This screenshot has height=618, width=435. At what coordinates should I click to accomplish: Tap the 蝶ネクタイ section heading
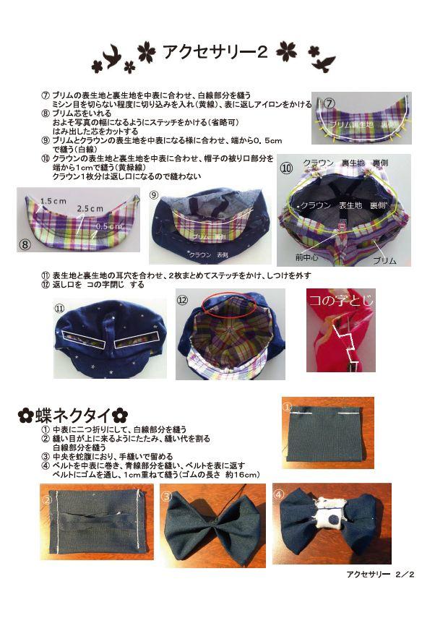coord(72,416)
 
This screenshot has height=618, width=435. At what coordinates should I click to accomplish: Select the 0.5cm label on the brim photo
coord(108,226)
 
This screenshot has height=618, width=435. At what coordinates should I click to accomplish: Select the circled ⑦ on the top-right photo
coord(330,103)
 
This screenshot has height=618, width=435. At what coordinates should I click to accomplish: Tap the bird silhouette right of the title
coord(322,60)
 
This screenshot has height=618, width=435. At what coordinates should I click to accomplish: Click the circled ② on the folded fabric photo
coord(48,497)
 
